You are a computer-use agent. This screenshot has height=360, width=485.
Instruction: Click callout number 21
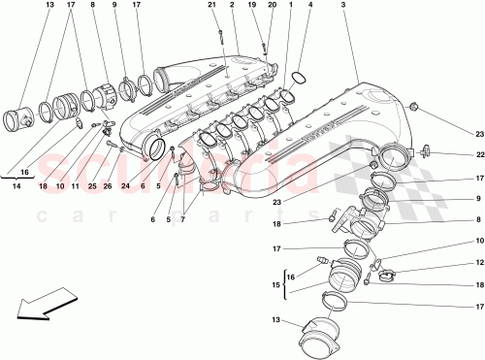(210, 6)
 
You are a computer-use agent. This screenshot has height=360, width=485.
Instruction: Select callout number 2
(233, 6)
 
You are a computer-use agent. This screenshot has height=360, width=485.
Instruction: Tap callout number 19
(250, 6)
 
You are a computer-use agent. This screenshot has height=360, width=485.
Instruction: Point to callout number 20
(271, 6)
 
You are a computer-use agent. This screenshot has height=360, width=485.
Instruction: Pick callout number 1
(290, 6)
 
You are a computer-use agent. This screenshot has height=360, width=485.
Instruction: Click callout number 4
(309, 6)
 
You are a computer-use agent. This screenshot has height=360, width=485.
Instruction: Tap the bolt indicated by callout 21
(221, 39)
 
